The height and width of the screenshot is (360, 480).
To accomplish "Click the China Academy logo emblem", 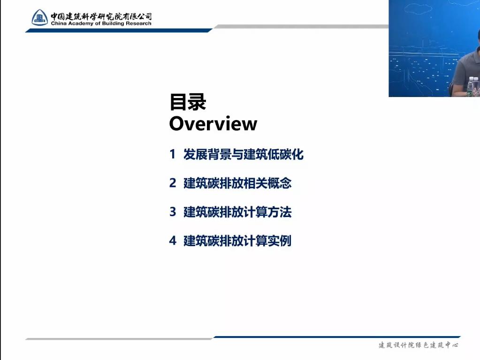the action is [x=40, y=17].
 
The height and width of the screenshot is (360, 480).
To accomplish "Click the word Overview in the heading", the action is [x=213, y=124].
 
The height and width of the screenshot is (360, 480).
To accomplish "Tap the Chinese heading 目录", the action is [x=188, y=102].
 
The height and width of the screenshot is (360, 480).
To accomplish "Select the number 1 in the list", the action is [x=173, y=154].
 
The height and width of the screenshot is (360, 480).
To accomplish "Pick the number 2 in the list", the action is [x=173, y=183].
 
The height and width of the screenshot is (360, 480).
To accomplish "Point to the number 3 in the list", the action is [x=173, y=212].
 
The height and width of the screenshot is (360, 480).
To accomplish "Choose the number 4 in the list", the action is [x=173, y=240].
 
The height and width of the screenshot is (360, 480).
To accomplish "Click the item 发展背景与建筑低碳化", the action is [x=244, y=154].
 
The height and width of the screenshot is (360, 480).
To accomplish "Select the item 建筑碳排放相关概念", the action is [x=237, y=183].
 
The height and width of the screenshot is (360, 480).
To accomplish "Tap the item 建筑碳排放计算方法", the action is [x=237, y=212].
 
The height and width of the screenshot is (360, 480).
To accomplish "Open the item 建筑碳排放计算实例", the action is [x=237, y=241].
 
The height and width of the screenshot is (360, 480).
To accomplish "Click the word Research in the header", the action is [x=138, y=23].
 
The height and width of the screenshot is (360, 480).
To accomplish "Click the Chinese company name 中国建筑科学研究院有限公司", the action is [x=101, y=16].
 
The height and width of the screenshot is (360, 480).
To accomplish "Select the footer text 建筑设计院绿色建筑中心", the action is [x=418, y=345].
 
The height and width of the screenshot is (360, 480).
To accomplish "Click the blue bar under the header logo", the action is [x=119, y=30].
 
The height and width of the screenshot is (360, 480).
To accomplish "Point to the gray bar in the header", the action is [x=301, y=27].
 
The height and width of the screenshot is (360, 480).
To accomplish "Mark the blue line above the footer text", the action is [x=337, y=337].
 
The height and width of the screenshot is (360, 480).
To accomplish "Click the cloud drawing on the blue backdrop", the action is [x=418, y=8].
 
